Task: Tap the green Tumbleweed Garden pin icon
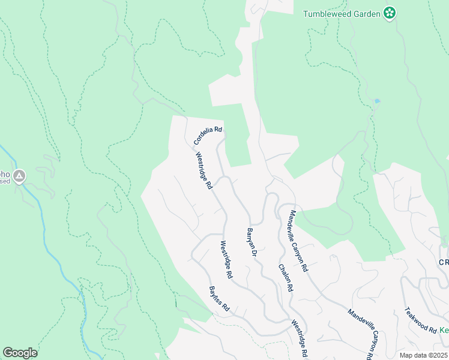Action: (x=390, y=13)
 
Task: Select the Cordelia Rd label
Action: (x=208, y=136)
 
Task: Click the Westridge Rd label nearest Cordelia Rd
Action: (x=204, y=170)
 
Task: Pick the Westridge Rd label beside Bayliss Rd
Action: (x=226, y=260)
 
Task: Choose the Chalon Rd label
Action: (x=286, y=278)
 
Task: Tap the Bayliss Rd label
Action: (x=219, y=298)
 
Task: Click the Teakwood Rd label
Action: (x=420, y=321)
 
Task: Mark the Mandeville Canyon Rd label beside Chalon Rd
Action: (x=298, y=241)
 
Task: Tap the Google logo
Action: (x=20, y=353)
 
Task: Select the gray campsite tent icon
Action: (x=20, y=176)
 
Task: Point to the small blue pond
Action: (x=376, y=101)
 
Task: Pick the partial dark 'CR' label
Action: (x=443, y=263)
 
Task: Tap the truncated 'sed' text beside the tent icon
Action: (x=5, y=181)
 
